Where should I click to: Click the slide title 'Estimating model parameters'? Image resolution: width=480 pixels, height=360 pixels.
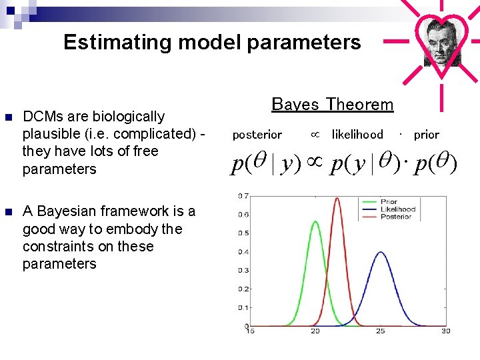tap(212, 43)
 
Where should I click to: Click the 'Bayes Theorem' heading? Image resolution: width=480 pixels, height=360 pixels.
tap(333, 105)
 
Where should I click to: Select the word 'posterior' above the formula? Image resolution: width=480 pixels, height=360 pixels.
tap(257, 135)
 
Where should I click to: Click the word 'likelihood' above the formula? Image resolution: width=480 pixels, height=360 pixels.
tap(357, 135)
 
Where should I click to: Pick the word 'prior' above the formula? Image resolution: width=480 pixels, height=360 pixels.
tap(426, 135)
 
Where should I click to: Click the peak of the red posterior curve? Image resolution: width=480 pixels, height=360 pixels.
tap(337, 198)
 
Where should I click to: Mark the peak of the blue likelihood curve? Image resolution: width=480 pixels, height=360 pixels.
tap(380, 252)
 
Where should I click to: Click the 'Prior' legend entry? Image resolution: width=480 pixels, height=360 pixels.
tap(389, 201)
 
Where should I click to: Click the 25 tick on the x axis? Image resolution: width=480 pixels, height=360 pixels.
tap(380, 331)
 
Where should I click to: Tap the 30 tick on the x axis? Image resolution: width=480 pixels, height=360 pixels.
tap(445, 331)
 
